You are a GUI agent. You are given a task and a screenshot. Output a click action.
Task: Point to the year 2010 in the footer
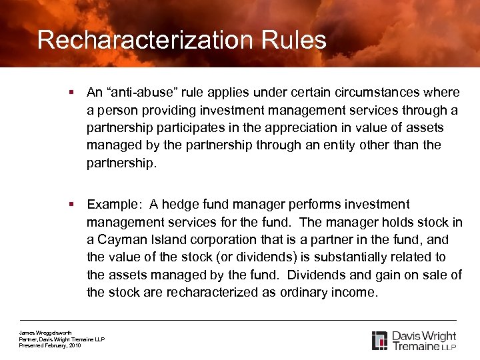(x=74, y=346)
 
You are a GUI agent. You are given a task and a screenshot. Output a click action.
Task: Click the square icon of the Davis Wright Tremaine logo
(x=379, y=340)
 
